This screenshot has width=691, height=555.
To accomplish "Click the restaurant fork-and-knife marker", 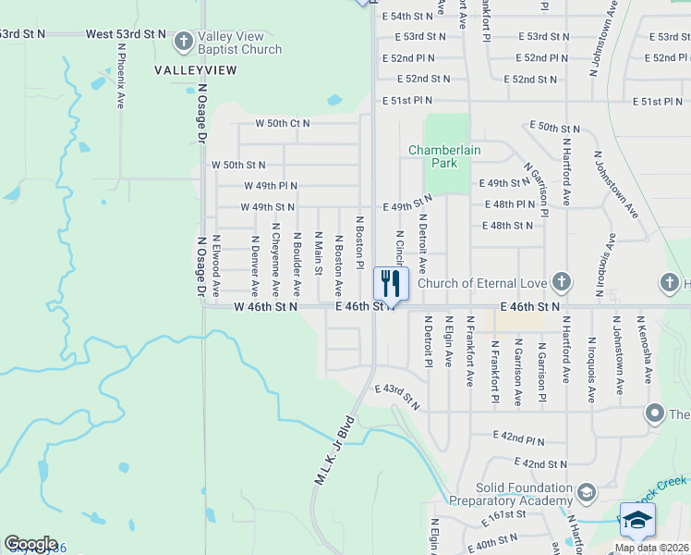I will pyautogui.click(x=391, y=284).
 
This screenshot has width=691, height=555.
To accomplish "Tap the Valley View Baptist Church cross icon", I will pyautogui.click(x=183, y=42).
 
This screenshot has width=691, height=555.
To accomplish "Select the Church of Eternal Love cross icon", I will pyautogui.click(x=561, y=282).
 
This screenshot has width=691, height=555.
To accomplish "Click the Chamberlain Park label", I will pyautogui.click(x=433, y=156).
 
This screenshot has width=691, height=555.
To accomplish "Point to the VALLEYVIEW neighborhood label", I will pyautogui.click(x=196, y=70).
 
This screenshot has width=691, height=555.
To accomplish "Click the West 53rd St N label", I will pyautogui.click(x=126, y=34).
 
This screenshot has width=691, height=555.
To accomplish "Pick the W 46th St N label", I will pyautogui.click(x=266, y=306).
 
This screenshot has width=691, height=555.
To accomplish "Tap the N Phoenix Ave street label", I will pyautogui.click(x=121, y=75).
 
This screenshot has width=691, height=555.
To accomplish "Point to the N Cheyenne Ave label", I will pyautogui.click(x=275, y=251).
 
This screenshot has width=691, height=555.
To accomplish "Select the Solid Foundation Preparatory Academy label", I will pyautogui.click(x=512, y=494).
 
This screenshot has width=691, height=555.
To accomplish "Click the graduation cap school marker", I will pyautogui.click(x=637, y=522).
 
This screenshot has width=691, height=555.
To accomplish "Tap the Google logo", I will pyautogui.click(x=30, y=544).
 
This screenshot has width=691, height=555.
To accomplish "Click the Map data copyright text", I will pyautogui.click(x=652, y=548).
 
